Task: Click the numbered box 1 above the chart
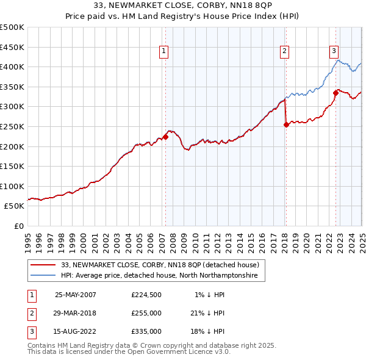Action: pos(165,52)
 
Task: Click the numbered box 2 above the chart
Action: pos(285,52)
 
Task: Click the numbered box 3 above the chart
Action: pos(335,52)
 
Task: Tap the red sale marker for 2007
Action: pos(165,137)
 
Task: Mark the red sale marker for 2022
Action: pos(335,93)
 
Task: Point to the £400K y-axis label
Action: pos(12,67)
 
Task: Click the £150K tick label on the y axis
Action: pos(12,166)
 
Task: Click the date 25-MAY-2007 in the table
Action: pos(76,295)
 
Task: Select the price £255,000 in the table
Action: pos(146,313)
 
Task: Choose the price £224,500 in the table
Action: pos(146,295)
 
